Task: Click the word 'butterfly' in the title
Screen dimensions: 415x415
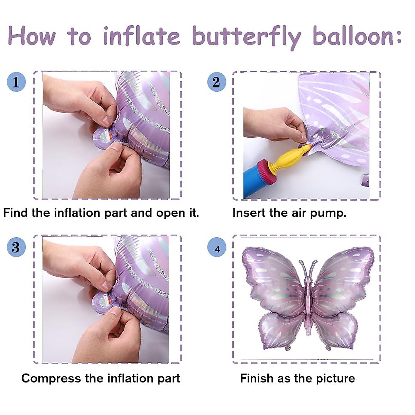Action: [246, 36]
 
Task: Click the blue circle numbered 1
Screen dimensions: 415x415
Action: [16, 82]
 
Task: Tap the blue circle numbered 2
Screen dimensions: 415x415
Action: [216, 82]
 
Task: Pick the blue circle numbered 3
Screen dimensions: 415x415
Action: [16, 247]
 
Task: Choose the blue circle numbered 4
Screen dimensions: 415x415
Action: [217, 248]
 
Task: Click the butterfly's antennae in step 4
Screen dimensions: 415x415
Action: [308, 268]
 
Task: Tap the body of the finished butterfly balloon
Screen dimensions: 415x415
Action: [308, 304]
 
